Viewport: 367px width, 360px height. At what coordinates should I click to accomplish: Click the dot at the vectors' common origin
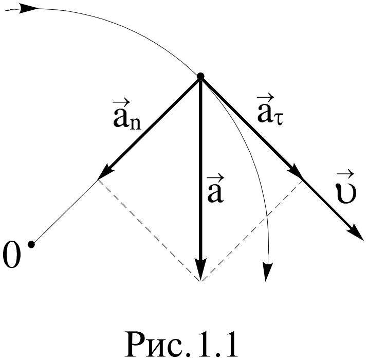pos(200,77)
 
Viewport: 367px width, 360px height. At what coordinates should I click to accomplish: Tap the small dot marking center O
pos(31,244)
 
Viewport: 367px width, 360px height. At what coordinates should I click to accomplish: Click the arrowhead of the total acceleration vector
pos(200,270)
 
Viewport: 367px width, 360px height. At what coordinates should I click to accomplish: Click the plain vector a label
pos(214,190)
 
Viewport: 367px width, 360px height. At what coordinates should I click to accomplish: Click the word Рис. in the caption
pos(157,343)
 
